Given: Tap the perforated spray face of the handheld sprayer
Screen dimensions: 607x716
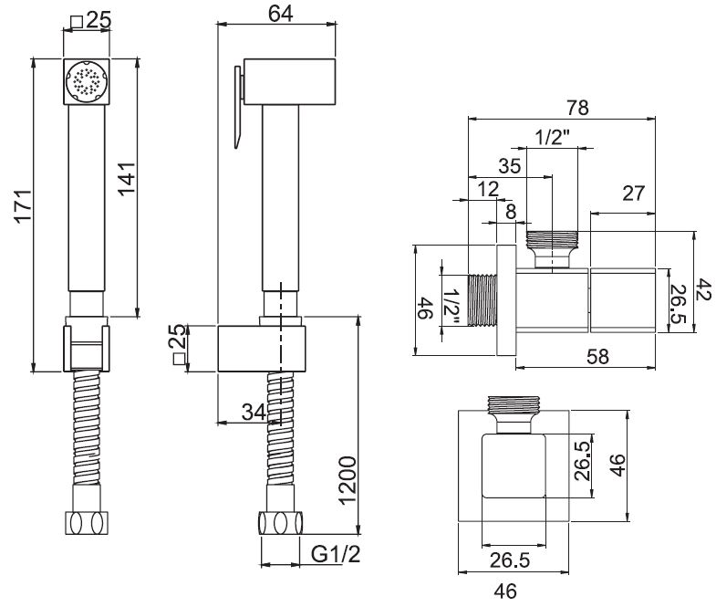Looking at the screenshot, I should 86,81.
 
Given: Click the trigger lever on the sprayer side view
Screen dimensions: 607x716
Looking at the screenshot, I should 238,105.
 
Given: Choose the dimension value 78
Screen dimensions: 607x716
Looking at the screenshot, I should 576,107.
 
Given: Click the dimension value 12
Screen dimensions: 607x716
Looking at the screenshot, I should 488,188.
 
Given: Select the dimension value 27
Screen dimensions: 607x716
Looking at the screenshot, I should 633,194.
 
